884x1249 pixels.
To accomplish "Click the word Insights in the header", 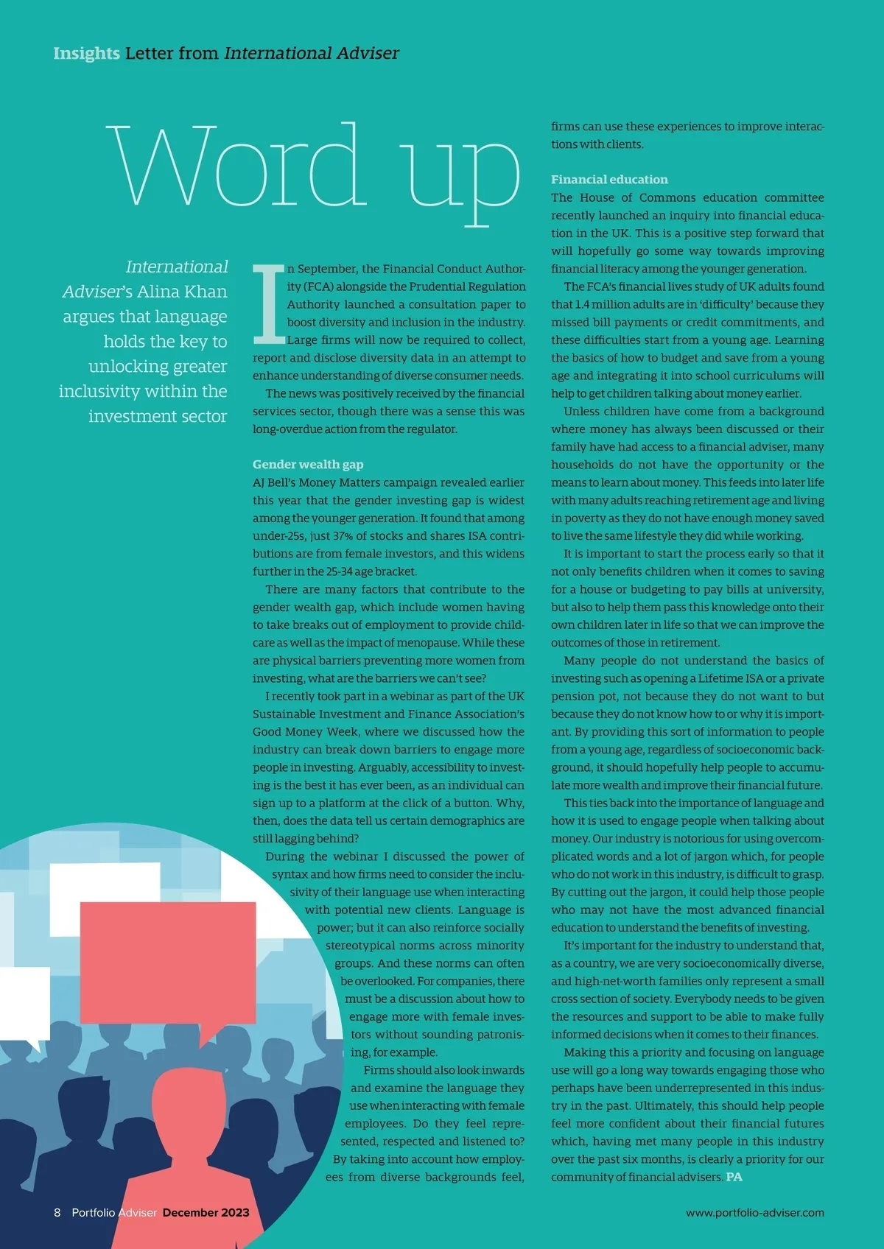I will click(86, 53).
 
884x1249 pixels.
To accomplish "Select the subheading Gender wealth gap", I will click(308, 465).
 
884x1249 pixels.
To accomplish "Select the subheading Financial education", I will click(609, 180).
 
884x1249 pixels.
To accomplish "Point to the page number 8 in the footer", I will click(57, 1213).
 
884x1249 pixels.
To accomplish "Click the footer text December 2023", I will click(206, 1213).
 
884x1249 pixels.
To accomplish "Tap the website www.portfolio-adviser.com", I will click(754, 1213).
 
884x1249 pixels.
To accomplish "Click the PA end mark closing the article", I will click(734, 1178).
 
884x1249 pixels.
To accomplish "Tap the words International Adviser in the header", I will click(312, 53).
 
